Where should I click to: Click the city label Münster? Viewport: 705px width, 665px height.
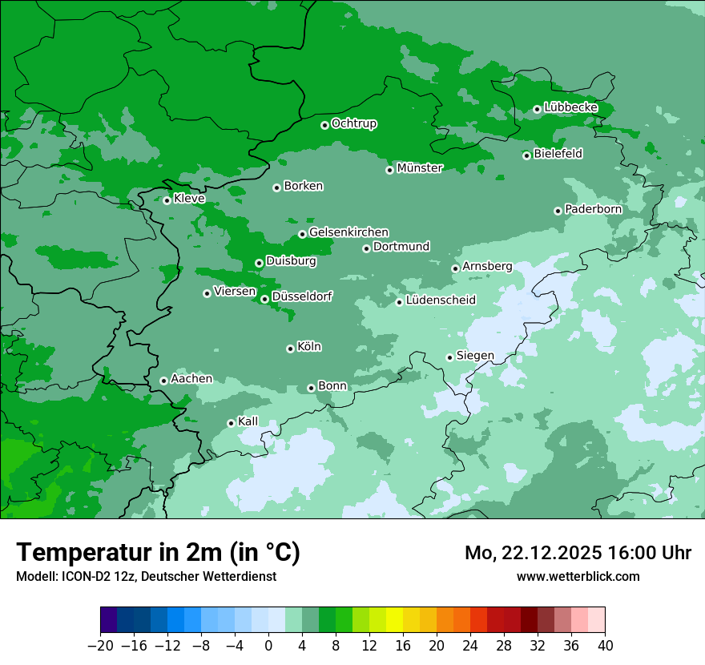point(420,168)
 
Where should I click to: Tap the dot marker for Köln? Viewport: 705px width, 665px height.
point(290,349)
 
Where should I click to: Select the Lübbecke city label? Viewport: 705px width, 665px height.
point(570,107)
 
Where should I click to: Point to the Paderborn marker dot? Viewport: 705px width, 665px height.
point(558,211)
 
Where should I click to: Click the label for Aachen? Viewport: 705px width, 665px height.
point(191,379)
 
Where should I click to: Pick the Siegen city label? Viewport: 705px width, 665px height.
point(475,356)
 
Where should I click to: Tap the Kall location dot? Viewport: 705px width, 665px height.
point(231,423)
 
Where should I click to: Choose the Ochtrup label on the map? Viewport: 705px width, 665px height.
point(353,123)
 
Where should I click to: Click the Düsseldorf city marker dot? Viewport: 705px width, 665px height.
point(264,299)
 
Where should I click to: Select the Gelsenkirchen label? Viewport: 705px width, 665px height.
point(348,232)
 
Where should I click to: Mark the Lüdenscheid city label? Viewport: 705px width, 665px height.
point(441,300)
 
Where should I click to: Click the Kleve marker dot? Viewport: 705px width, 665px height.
point(167,200)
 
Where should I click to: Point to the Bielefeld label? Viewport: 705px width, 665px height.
point(558,154)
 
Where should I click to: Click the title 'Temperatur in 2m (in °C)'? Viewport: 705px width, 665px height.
point(159,553)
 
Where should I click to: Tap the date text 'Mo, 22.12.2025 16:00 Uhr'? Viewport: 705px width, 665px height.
point(578,553)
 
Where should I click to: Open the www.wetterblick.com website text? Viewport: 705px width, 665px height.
point(578,576)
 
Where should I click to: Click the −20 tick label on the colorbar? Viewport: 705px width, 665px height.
point(100,647)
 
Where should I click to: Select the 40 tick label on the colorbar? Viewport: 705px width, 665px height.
point(605,647)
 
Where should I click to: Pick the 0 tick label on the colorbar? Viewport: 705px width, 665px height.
point(268,647)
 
